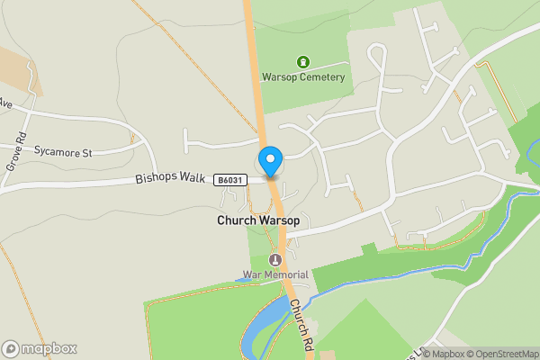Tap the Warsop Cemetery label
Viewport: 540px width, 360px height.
303,77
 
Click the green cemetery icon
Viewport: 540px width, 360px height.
303,61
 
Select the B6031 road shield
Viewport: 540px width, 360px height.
231,181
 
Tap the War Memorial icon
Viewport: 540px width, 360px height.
276,260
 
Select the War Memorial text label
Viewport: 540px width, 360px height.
275,274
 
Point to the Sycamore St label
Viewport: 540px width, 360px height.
64,153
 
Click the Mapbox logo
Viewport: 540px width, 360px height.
40,348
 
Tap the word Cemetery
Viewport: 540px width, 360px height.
323,77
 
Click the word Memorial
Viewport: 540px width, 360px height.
287,274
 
